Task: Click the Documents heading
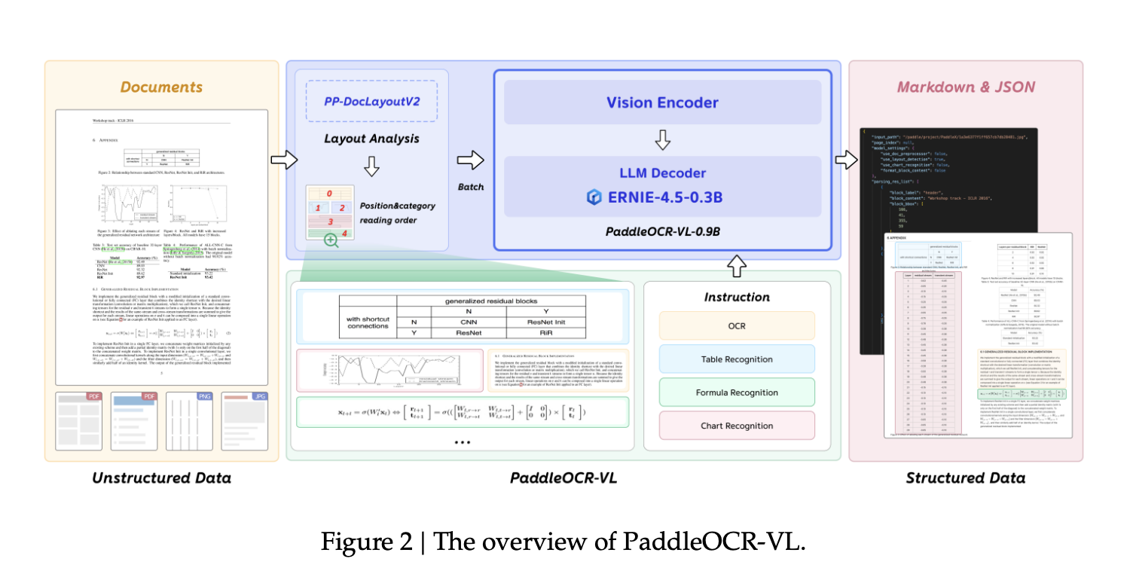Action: coord(162,87)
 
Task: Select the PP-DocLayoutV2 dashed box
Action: coord(371,100)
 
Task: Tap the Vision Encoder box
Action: coord(663,102)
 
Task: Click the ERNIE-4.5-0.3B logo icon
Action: coord(594,197)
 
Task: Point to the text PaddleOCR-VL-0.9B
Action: coord(663,230)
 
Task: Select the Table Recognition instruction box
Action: coord(737,359)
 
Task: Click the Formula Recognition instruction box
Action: coord(737,392)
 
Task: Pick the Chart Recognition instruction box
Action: coord(737,426)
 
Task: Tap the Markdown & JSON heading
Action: coord(966,87)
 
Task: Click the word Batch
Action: coord(471,186)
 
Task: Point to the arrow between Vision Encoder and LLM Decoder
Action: coord(663,139)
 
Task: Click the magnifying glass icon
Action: coord(330,240)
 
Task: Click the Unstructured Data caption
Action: coord(161,478)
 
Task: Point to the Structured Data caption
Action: coord(965,478)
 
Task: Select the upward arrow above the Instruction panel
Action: coord(738,265)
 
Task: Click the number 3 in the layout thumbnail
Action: coord(330,222)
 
